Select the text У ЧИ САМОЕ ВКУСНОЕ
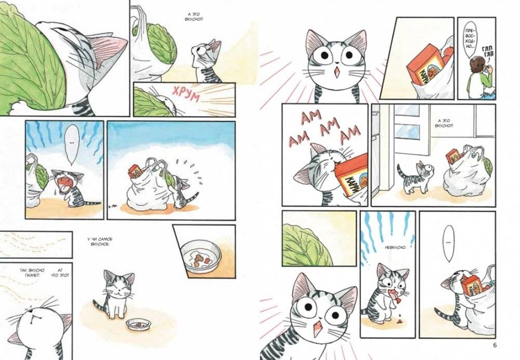[x=99, y=243]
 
